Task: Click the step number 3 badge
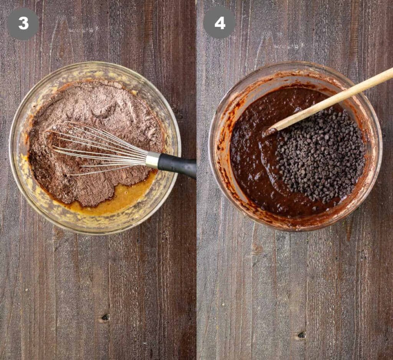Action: pos(23,24)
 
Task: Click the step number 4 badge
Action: pos(220,23)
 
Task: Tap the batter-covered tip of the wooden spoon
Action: pos(269,132)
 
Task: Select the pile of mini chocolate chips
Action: pos(321,155)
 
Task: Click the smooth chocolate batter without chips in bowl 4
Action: pos(253,160)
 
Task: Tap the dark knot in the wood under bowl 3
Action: pos(105,317)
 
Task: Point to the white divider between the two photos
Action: pos(196,180)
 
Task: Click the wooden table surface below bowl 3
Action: pos(98,288)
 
